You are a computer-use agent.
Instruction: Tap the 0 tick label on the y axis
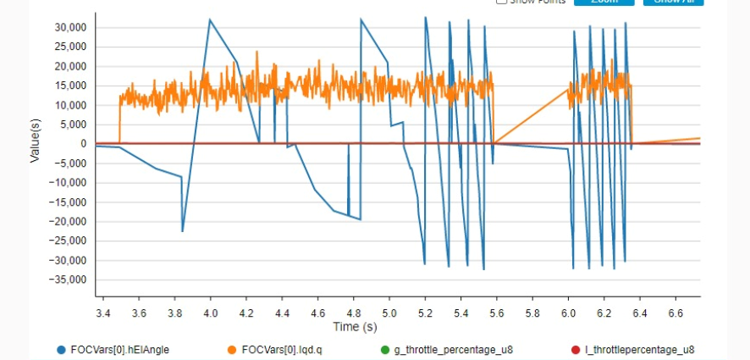click(x=83, y=144)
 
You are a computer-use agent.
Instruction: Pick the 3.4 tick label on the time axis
click(x=104, y=313)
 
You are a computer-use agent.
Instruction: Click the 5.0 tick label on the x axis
click(x=389, y=313)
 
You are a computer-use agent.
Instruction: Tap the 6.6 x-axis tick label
click(x=674, y=313)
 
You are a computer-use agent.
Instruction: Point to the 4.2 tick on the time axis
click(x=246, y=313)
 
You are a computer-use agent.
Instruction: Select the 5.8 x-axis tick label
click(x=532, y=313)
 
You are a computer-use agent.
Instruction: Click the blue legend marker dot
click(x=61, y=349)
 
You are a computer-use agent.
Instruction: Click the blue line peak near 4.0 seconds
click(x=209, y=19)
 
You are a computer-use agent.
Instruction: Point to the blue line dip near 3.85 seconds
click(x=183, y=230)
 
